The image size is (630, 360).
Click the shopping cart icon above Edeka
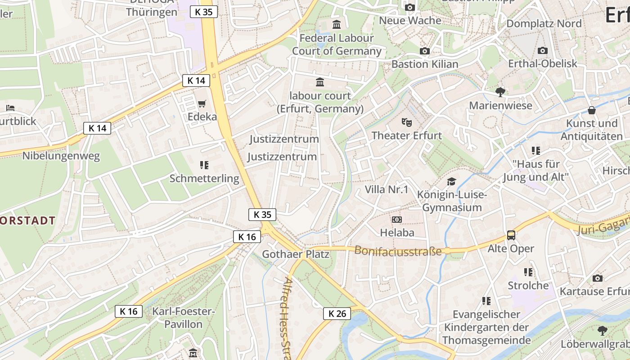202,103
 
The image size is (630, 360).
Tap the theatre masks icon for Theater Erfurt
407,122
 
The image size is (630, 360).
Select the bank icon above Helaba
397,220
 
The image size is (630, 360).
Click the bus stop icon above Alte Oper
511,235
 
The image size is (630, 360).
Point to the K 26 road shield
337,314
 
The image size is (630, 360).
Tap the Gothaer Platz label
296,254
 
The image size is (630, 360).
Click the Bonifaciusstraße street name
398,251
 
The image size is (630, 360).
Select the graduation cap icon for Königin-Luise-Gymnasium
451,181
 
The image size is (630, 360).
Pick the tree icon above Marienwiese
500,92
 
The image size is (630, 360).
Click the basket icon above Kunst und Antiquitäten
592,110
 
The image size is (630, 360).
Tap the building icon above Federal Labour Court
337,24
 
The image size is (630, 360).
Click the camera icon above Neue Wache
410,7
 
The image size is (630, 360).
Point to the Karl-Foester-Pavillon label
184,318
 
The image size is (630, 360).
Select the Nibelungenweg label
61,156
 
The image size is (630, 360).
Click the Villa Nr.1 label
387,189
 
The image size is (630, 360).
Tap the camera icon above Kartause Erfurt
598,278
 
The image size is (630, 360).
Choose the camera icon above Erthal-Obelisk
543,50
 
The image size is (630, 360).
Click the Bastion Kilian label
425,64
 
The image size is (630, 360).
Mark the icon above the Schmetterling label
204,165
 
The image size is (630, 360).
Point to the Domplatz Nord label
544,23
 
